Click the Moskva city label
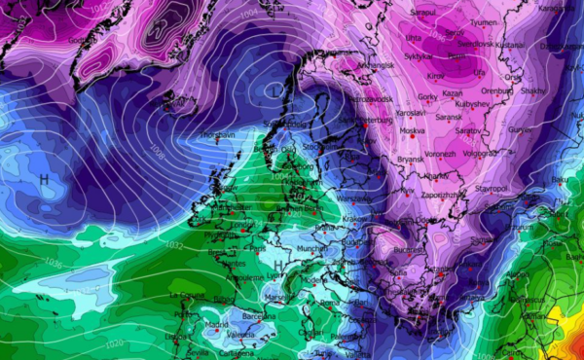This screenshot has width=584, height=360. [x=414, y=130]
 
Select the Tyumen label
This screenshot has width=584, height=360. [x=484, y=21]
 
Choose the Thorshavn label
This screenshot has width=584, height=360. [x=218, y=135]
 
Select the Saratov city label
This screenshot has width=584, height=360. [x=468, y=129]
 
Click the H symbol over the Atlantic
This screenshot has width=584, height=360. [x=44, y=181]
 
